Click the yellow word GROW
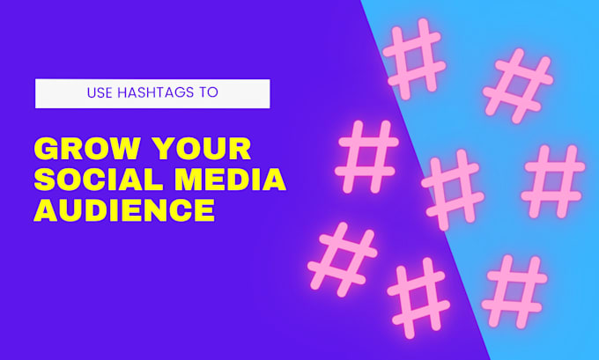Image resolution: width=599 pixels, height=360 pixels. pyautogui.click(x=85, y=148)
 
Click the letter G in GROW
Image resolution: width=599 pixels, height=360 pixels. pyautogui.click(x=46, y=148)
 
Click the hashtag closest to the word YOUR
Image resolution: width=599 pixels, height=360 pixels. pyautogui.click(x=367, y=158)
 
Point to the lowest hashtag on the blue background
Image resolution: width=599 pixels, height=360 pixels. pyautogui.click(x=516, y=290)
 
